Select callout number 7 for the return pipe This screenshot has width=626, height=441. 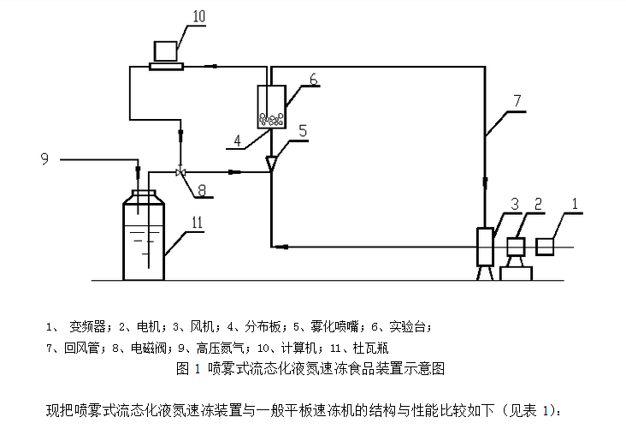click(517, 100)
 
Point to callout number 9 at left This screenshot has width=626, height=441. click(44, 157)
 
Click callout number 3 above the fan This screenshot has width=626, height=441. click(515, 203)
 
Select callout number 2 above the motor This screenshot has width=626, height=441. click(538, 203)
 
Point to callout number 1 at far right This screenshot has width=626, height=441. click(575, 203)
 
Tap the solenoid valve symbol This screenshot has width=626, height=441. click(180, 172)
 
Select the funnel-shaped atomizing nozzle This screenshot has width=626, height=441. click(272, 162)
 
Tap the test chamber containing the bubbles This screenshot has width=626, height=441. click(272, 106)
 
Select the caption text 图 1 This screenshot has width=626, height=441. click(186, 369)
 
